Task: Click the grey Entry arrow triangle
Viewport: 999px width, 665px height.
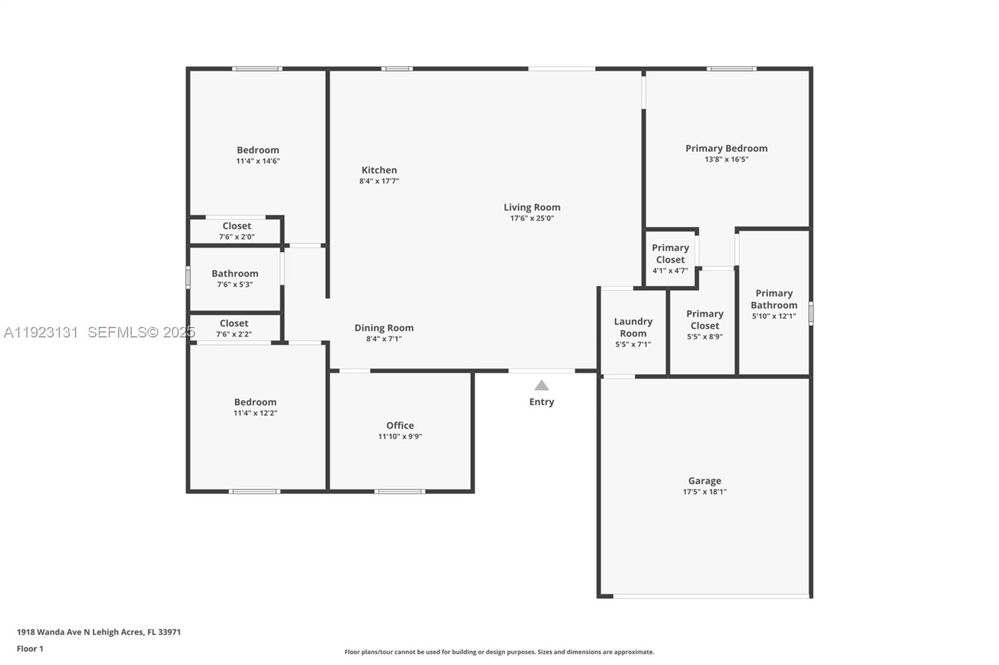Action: (541, 386)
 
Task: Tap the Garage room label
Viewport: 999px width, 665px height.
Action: (704, 481)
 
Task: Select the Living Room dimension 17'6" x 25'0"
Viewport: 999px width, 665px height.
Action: (532, 218)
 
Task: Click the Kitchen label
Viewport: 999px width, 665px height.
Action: (379, 170)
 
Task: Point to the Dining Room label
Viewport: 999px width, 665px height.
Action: (384, 328)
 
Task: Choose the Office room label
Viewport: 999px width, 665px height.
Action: (400, 425)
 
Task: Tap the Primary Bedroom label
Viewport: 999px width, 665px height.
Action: (726, 148)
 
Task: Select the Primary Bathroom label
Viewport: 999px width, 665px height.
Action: (774, 299)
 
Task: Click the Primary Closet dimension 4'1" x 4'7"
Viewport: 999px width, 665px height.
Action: (670, 271)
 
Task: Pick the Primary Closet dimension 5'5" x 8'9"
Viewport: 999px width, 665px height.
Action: (704, 337)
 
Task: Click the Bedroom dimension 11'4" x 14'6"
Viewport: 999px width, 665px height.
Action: (258, 161)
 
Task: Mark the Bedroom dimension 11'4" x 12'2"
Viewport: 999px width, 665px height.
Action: (255, 413)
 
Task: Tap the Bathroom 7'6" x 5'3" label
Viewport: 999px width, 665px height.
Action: (235, 274)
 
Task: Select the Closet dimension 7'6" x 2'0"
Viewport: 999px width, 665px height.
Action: (237, 237)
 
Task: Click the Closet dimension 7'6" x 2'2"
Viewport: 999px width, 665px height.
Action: (234, 334)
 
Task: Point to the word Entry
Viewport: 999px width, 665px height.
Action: (541, 402)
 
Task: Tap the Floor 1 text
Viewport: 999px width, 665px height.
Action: (30, 649)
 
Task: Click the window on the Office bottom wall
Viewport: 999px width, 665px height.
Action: (400, 492)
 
